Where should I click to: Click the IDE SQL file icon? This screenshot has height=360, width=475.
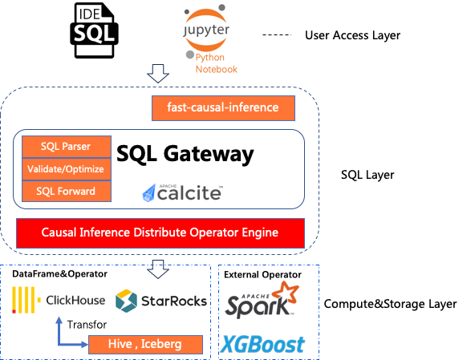point(94,30)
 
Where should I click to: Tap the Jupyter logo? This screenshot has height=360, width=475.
point(205,31)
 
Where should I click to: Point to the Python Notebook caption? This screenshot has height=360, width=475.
point(216,63)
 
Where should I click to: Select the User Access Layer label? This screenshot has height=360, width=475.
point(352,35)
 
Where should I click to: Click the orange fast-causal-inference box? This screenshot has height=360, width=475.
point(223,108)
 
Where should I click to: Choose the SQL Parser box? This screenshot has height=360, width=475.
point(67,147)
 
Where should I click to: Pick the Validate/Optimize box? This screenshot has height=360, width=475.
point(67,169)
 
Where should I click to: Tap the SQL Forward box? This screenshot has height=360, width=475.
point(67,191)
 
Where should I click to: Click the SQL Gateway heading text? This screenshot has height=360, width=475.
point(185,155)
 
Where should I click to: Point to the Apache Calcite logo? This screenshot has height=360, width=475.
point(183,192)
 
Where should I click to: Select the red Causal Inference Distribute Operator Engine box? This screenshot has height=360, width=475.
point(160,233)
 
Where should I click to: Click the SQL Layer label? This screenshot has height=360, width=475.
point(367,175)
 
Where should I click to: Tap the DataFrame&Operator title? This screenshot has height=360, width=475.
point(59,274)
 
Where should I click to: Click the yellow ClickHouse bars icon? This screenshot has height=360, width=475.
point(26,300)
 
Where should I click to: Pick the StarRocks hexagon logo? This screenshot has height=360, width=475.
point(126,301)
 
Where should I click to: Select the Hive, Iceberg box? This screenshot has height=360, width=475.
point(145,344)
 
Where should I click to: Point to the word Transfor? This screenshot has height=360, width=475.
point(87,325)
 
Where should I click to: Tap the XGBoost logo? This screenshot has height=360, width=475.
point(262,344)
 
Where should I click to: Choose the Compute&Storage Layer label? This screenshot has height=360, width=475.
point(390,304)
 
